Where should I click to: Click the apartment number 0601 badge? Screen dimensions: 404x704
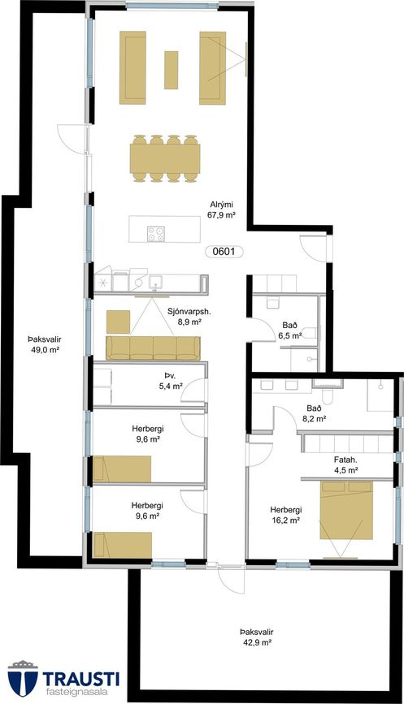click(x=224, y=252)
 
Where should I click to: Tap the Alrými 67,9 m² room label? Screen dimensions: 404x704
click(x=222, y=209)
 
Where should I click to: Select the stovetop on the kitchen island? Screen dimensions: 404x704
click(x=155, y=234)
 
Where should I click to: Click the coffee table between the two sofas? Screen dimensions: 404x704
click(x=171, y=70)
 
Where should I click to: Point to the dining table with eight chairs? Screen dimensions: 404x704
click(x=165, y=158)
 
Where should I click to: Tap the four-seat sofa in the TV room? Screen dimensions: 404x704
click(x=154, y=348)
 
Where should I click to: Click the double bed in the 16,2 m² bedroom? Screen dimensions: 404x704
click(x=346, y=510)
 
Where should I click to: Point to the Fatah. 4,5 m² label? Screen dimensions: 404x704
click(x=345, y=465)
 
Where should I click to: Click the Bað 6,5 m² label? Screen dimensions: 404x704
click(x=290, y=330)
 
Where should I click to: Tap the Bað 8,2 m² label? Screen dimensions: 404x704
click(x=314, y=413)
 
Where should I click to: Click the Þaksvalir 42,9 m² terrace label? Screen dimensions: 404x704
click(x=256, y=637)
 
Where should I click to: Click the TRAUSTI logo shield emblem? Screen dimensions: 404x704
click(x=23, y=678)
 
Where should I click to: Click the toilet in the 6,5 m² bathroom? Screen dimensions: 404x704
click(x=309, y=333)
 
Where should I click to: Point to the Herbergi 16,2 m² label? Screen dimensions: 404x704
click(x=286, y=516)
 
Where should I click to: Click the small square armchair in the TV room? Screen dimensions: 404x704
click(x=118, y=322)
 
